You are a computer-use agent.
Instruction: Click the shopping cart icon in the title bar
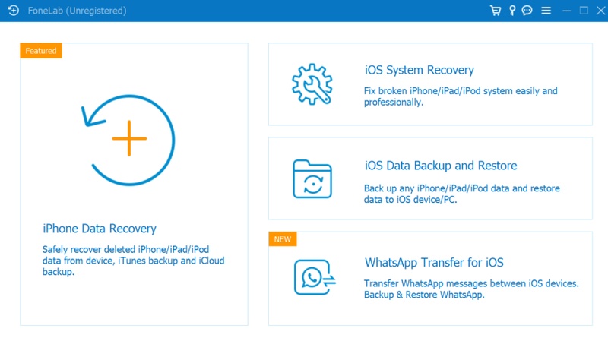coord(496,11)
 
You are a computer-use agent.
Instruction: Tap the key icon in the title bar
coord(512,11)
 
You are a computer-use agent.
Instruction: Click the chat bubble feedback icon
coord(527,11)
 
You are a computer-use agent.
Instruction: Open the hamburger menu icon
coord(546,11)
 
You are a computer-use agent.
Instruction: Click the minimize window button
coord(566,11)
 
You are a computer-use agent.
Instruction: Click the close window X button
coord(600,11)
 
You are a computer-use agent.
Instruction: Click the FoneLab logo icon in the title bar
coord(13,11)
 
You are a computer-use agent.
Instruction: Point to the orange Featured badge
coord(41,51)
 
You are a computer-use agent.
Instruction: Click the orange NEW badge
coord(283,239)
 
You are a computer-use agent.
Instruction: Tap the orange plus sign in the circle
coord(129,138)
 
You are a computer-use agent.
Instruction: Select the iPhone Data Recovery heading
coord(100,229)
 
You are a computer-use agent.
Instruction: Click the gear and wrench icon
coord(312,84)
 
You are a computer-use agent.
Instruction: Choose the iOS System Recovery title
coord(420,70)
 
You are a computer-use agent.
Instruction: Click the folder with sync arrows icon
coord(312,179)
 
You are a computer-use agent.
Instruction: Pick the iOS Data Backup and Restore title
coord(441,166)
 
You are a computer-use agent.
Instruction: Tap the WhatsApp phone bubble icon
coord(315,277)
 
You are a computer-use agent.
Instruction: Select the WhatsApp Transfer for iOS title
coord(434,262)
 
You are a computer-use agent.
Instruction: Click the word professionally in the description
coord(392,103)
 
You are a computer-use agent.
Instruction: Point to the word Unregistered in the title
coord(97,11)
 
